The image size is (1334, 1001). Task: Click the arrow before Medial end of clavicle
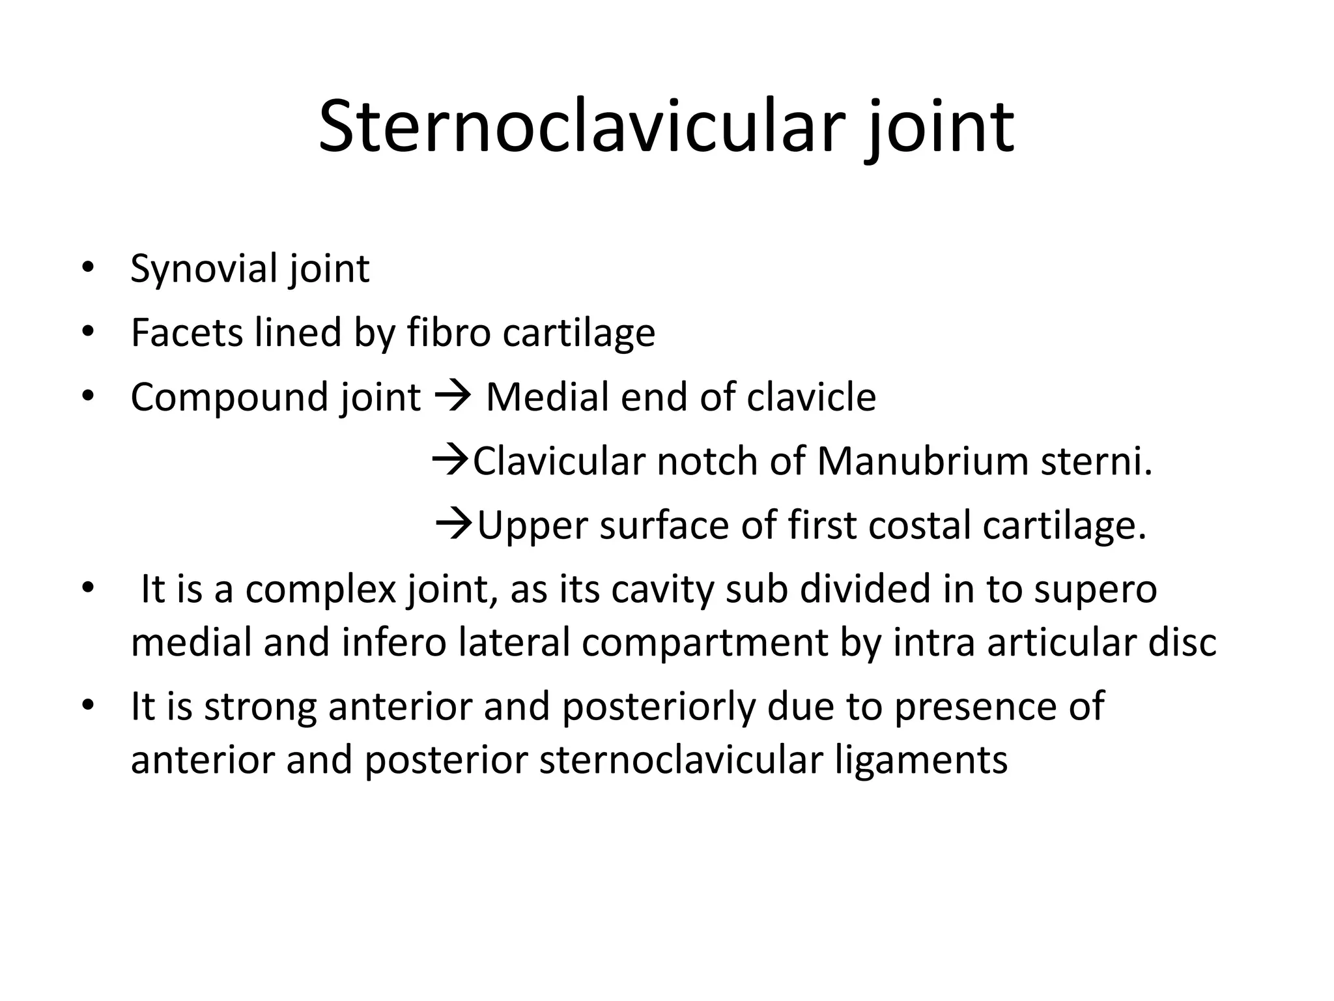point(452,395)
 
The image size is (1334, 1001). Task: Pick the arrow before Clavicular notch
point(451,459)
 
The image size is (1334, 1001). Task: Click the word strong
point(261,706)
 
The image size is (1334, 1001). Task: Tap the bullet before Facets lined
point(88,332)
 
